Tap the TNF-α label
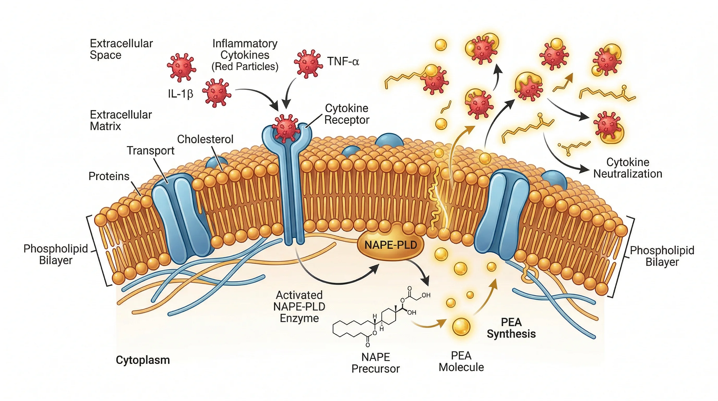tap(343, 61)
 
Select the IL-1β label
tap(180, 94)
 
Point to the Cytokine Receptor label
tap(347, 114)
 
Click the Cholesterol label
tap(205, 139)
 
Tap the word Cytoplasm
tap(143, 360)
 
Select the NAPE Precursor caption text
tap(375, 363)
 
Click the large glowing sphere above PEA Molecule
tap(461, 327)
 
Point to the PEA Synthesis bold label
tap(511, 328)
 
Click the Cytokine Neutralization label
tap(628, 168)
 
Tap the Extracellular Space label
tap(121, 49)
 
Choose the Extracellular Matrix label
tap(121, 120)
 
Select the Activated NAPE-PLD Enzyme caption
tap(299, 306)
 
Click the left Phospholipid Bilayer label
tap(56, 254)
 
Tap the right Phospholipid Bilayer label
tap(662, 256)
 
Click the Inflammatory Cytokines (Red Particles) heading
tap(245, 55)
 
